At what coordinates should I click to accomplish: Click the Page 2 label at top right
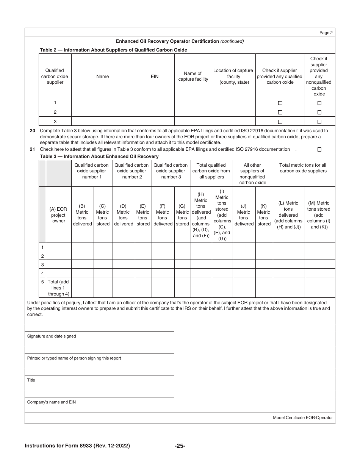tap(326, 33)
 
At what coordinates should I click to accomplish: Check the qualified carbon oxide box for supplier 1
tap(280, 103)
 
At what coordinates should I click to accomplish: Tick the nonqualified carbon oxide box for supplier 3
tap(319, 122)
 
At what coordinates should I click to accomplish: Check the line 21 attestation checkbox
tap(319, 149)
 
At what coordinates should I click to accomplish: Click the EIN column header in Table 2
tap(155, 77)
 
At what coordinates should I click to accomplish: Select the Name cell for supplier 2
tap(103, 112)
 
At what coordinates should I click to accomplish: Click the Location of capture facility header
tap(233, 77)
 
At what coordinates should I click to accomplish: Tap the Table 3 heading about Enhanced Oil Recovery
tap(99, 156)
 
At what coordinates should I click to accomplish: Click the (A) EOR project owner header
tap(58, 215)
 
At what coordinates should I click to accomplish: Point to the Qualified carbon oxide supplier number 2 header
tap(131, 171)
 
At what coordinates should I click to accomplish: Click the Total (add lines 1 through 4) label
tap(58, 288)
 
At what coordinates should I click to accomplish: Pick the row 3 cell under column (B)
tap(82, 264)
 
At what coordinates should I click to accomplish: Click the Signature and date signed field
tap(52, 336)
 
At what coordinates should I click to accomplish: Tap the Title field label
tap(31, 380)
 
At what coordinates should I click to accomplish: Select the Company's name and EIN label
tap(51, 402)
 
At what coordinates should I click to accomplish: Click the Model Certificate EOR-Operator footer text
tap(302, 418)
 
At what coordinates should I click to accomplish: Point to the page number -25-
tap(180, 446)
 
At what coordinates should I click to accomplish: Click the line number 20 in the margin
tap(32, 131)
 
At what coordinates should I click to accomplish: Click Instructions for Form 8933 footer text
tap(77, 446)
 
